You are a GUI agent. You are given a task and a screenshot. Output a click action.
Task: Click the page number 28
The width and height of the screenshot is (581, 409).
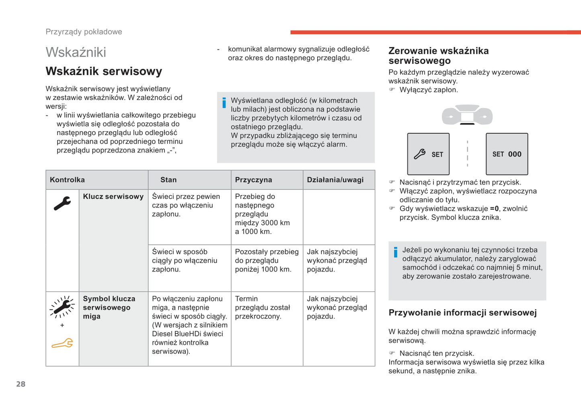point(21,384)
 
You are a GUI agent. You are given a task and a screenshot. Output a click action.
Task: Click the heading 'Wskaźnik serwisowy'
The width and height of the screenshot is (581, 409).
point(104,71)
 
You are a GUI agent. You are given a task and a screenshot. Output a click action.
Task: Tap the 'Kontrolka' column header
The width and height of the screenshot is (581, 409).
point(67,180)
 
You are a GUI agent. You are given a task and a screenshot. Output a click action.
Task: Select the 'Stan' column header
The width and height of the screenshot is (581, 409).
point(168,180)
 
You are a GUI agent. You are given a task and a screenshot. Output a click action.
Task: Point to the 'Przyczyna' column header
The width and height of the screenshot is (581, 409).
point(253,180)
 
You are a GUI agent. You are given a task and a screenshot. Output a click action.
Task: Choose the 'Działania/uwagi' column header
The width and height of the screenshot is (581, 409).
point(335,180)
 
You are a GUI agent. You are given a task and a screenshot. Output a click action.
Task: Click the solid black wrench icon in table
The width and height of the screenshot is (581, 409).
point(62,203)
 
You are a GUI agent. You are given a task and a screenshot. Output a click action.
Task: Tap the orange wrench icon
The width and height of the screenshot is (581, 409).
point(62,344)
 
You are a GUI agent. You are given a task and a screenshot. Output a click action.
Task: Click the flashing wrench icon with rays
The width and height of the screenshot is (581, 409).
point(62,307)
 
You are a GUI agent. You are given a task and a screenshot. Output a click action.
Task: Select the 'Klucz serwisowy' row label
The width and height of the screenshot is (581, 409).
point(113,197)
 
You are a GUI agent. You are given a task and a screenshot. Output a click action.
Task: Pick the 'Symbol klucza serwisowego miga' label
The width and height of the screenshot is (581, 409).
point(109,307)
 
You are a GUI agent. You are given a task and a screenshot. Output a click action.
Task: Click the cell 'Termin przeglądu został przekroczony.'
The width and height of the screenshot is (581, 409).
point(262,307)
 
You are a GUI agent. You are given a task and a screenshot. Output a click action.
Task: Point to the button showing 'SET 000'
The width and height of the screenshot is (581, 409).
point(507,154)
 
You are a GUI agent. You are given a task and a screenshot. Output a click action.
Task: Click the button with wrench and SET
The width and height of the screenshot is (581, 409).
point(428,154)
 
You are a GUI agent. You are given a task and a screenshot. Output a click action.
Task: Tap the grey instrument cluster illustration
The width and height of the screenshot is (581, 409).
point(467,115)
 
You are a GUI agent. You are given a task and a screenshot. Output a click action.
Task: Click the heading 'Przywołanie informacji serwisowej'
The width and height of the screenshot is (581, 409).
point(462,313)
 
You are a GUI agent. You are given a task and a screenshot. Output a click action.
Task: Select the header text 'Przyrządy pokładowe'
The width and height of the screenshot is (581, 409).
point(84,32)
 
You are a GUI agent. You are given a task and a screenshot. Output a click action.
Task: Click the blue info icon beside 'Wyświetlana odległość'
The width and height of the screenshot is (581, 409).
point(224,103)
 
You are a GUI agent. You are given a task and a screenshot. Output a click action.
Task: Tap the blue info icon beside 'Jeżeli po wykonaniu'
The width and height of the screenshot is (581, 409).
point(396,252)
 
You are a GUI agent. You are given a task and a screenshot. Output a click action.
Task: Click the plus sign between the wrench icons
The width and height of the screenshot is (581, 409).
point(62,325)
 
